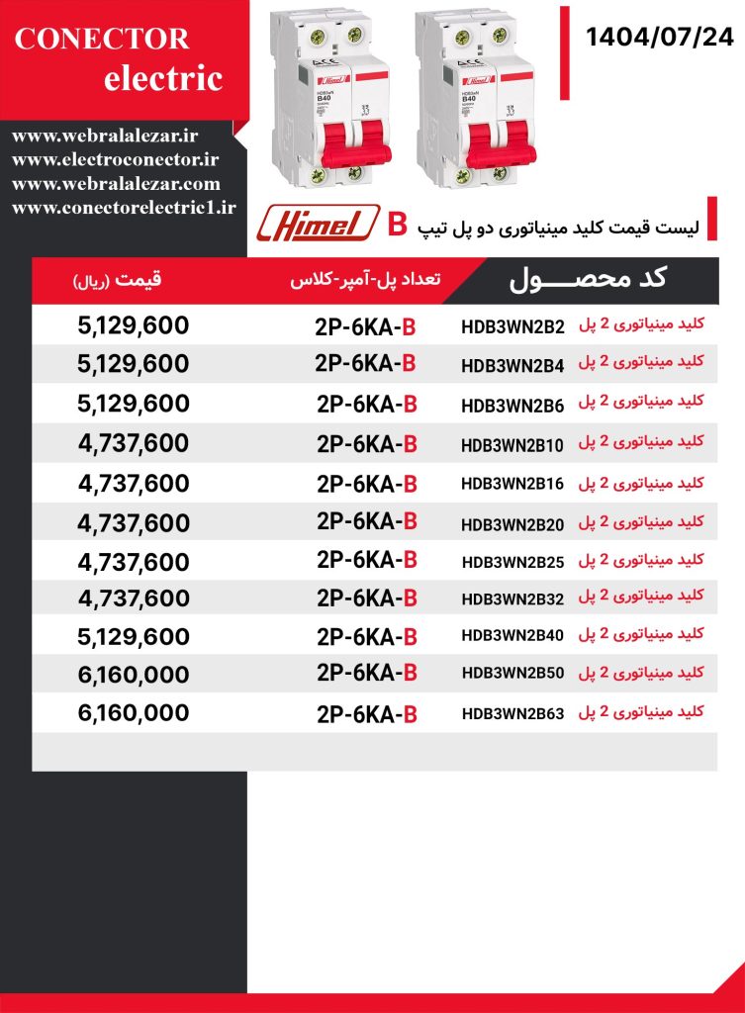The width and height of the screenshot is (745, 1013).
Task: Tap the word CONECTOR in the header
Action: pos(103,39)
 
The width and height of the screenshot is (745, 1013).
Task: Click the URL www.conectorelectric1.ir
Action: pos(125,207)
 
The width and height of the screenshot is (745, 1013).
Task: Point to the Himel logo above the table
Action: pos(318,223)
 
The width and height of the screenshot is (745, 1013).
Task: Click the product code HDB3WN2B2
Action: pos(512,327)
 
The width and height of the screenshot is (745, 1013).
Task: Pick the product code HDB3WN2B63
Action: pos(512,713)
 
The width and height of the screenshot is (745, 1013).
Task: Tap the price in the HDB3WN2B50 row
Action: pos(133,675)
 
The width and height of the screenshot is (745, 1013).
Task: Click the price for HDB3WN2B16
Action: pos(133,484)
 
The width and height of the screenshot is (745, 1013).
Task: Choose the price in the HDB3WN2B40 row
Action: pos(133,636)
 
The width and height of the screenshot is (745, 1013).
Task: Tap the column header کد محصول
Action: pos(588,279)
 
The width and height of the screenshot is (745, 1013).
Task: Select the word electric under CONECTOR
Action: pos(163,78)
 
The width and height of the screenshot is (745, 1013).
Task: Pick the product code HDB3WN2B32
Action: pos(512,599)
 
